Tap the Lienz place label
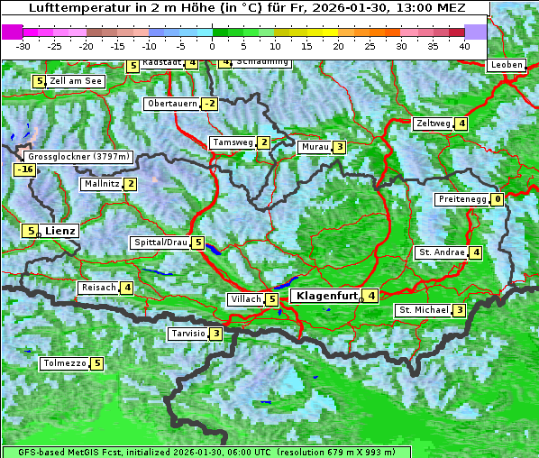click(60, 231)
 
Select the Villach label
click(245, 299)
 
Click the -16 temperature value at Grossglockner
click(24, 169)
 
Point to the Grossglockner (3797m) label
click(79, 157)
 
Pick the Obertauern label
click(171, 104)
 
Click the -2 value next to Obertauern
click(210, 104)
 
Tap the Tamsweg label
click(232, 142)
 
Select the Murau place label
click(315, 147)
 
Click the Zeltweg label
click(433, 124)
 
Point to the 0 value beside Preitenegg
click(498, 199)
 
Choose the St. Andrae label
click(441, 252)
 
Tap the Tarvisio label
click(187, 334)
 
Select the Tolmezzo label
click(64, 364)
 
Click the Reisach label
click(98, 288)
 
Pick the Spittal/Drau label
click(160, 243)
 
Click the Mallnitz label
click(101, 184)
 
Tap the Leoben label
click(506, 65)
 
